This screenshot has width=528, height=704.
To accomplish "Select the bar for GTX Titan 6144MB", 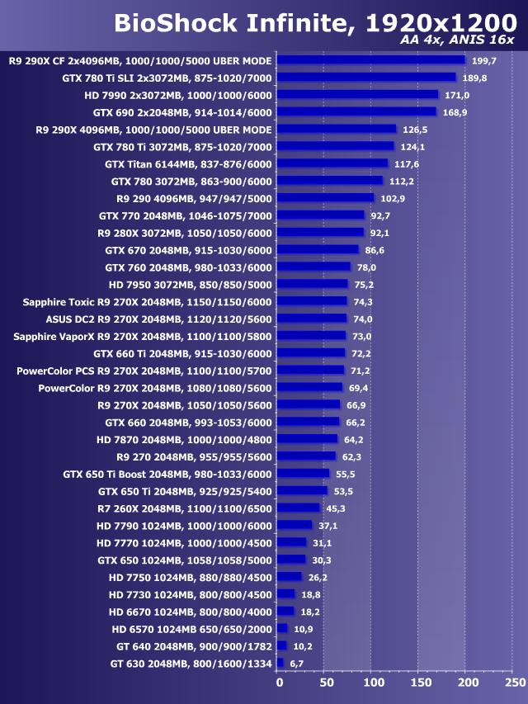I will point(332,163).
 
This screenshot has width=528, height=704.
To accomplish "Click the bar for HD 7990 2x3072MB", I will point(357,95).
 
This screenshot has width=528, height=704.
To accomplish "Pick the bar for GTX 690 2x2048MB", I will point(356,111).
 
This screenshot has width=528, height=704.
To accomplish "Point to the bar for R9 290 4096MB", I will point(325,198).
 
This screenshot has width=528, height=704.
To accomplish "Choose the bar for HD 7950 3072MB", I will point(313,284).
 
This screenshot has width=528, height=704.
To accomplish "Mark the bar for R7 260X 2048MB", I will point(299,508).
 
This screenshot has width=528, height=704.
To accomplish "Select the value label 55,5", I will point(345,474).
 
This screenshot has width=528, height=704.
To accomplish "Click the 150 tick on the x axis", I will point(421,683).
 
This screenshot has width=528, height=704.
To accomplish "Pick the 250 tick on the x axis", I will point(514,683).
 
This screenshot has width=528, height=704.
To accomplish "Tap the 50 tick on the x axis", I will point(326,683).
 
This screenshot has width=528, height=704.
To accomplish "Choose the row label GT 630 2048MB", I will point(191,663).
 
